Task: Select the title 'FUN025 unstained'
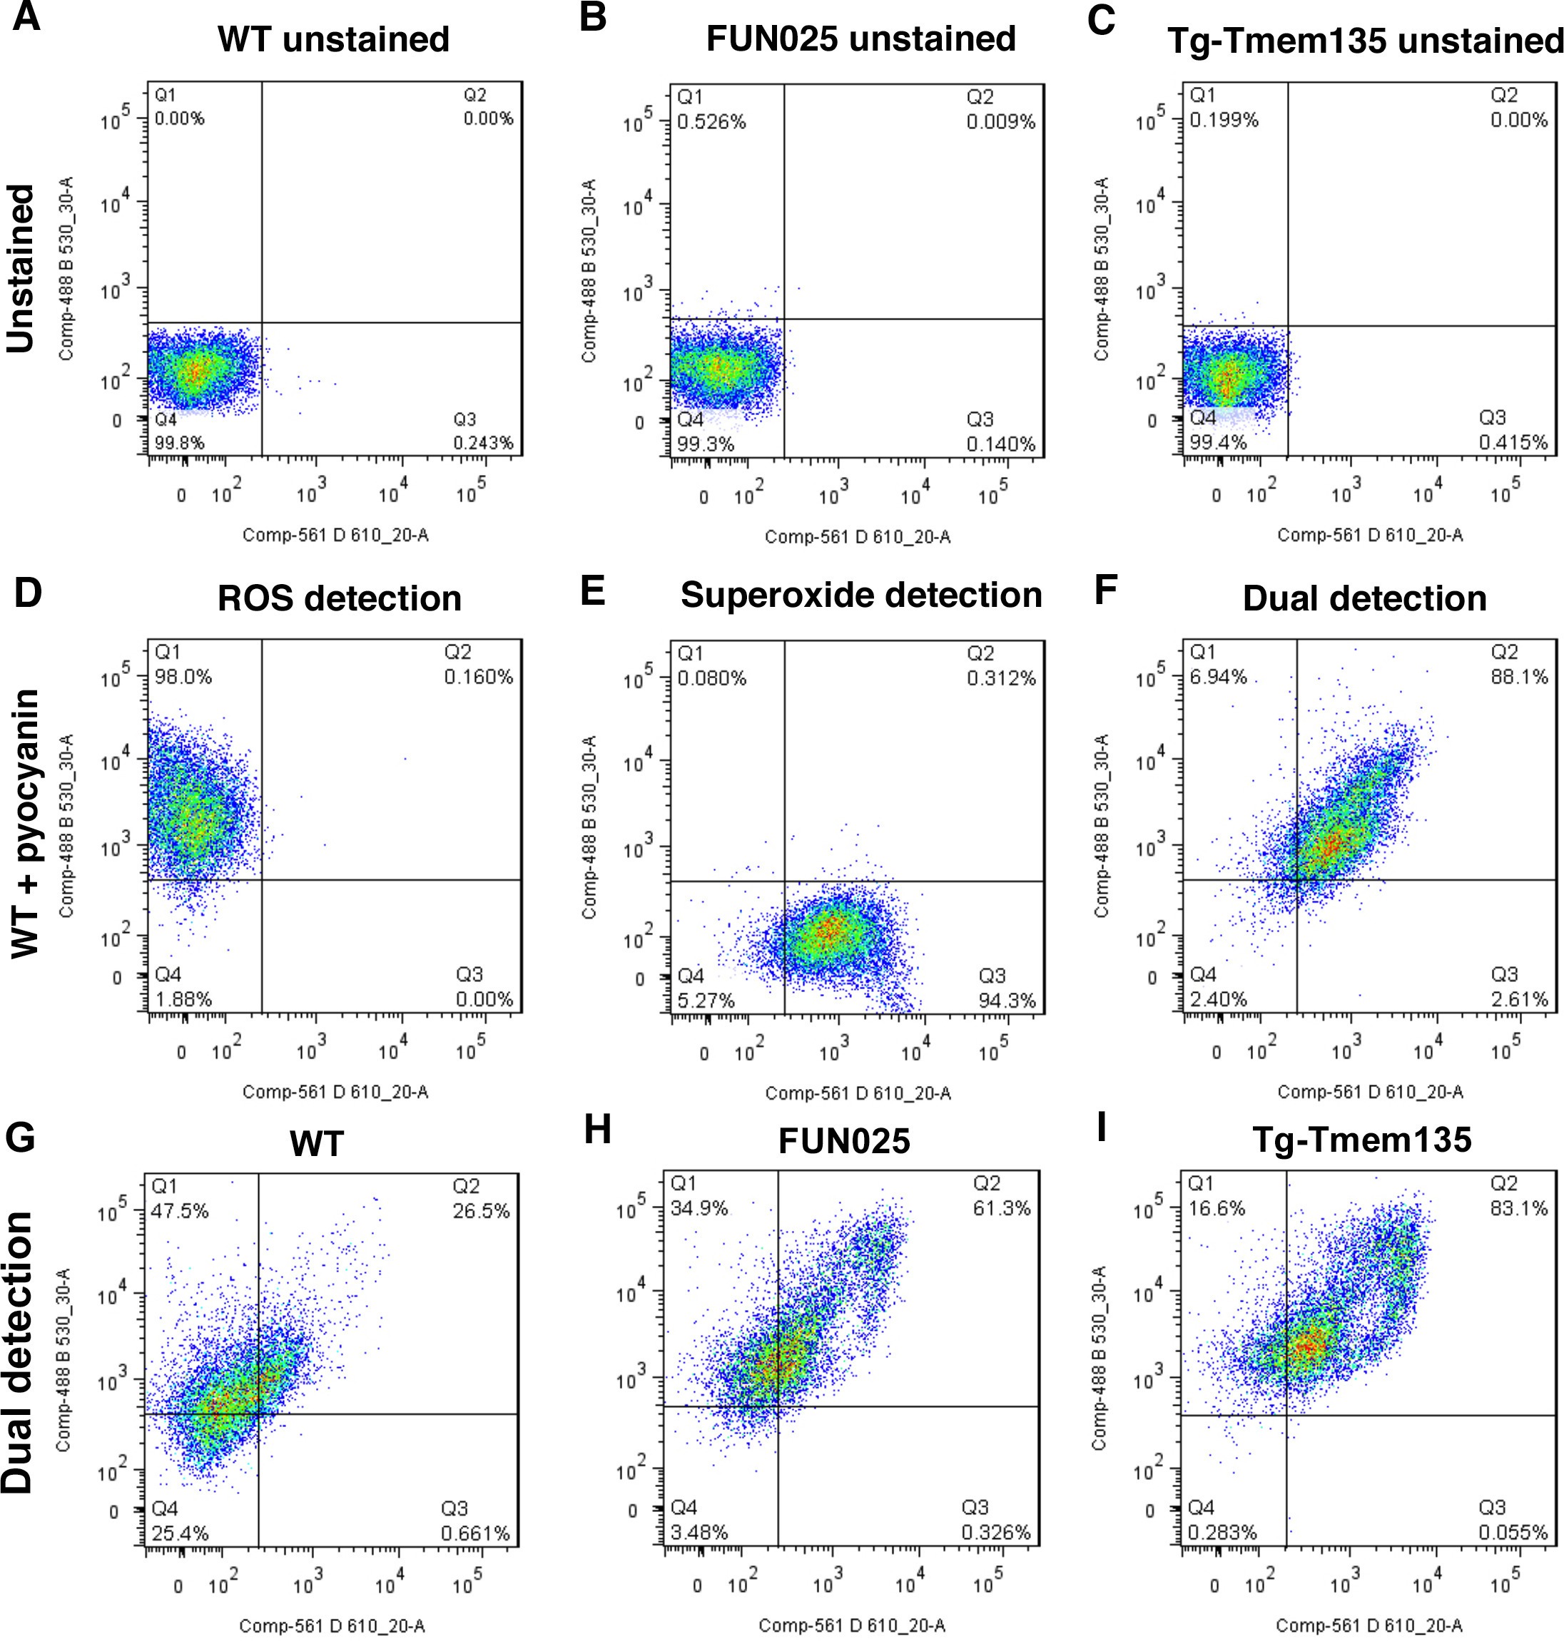pos(860,39)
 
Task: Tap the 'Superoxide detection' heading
pos(860,595)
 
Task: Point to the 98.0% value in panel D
pos(183,677)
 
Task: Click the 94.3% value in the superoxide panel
pos(1007,1000)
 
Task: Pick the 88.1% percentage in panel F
pos(1519,677)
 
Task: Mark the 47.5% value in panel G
pos(179,1211)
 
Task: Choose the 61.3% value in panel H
pos(1001,1208)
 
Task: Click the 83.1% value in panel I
pos(1519,1208)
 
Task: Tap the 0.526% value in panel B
pos(711,123)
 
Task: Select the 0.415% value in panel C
pos(1513,443)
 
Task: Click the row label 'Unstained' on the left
pos(21,268)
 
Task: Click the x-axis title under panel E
pos(858,1093)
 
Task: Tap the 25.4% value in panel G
pos(179,1533)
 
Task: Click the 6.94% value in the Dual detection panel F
pos(1218,677)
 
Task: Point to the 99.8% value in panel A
pos(179,443)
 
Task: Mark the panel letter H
pos(597,1131)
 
